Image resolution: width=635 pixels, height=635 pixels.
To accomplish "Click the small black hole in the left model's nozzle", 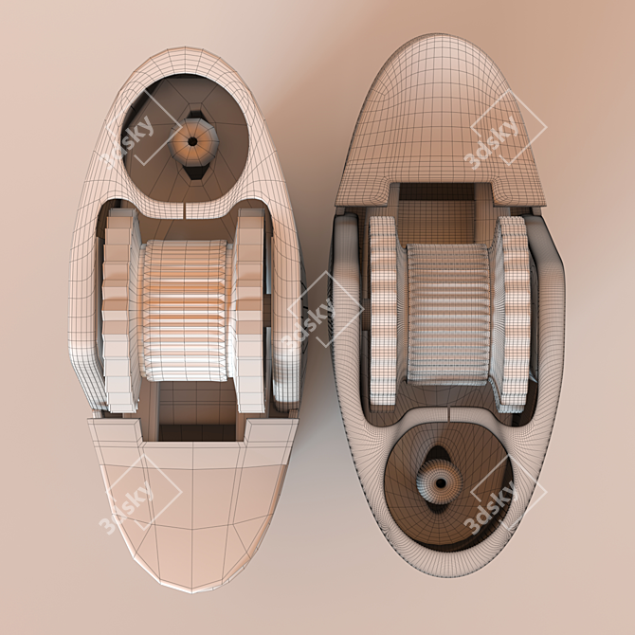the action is [x=192, y=142].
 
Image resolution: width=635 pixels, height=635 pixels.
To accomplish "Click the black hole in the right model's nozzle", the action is [x=441, y=482].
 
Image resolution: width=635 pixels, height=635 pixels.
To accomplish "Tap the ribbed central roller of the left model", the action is [x=186, y=310].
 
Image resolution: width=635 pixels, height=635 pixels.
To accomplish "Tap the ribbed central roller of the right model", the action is [x=448, y=314].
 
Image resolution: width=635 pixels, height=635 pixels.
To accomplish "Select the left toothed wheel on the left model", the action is [x=118, y=310].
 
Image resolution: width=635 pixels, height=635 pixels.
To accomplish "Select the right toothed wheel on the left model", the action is [x=249, y=310].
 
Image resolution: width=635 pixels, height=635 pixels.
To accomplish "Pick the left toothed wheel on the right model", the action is [x=383, y=311].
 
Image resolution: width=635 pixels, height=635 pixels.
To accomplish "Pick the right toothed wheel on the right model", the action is [x=514, y=314].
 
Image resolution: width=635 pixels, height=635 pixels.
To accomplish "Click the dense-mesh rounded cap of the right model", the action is [x=441, y=121].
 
